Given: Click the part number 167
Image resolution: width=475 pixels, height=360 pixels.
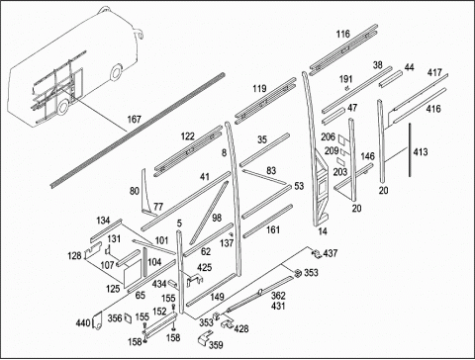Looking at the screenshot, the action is coord(134,119).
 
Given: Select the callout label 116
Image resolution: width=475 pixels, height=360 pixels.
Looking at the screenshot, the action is coord(343,34).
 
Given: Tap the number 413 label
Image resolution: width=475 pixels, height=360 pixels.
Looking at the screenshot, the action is coord(421,152).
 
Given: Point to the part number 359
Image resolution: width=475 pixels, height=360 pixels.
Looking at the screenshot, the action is coord(216,345).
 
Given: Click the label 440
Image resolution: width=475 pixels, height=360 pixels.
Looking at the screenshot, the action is coord(83,323).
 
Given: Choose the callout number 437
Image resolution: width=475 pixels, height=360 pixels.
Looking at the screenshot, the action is coord(331,253).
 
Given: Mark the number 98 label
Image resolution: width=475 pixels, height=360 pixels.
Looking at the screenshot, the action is coord(217,218).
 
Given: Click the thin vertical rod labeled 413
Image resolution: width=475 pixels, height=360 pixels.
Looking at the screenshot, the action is coord(410,150).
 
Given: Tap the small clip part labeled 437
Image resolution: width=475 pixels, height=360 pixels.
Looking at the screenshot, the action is coord(317,253).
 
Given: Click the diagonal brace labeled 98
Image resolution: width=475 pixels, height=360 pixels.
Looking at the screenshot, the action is coord(209,213).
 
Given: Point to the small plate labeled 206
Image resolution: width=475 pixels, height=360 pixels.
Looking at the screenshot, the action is coord(343,139).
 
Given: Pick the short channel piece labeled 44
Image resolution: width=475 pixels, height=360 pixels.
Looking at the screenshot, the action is coord(391,79).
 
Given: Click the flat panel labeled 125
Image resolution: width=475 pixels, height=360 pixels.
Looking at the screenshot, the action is coord(132,272).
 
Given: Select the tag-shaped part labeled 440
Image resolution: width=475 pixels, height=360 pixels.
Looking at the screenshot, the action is coord(97,320).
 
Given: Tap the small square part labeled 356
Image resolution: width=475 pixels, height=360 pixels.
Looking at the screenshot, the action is coord(128,318).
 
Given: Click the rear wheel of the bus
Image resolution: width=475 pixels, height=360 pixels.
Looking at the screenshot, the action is coord(63,107).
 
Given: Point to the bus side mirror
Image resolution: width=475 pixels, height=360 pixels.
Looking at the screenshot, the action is coord(140,34).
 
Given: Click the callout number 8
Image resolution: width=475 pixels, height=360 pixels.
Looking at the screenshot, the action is coord(224,153).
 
